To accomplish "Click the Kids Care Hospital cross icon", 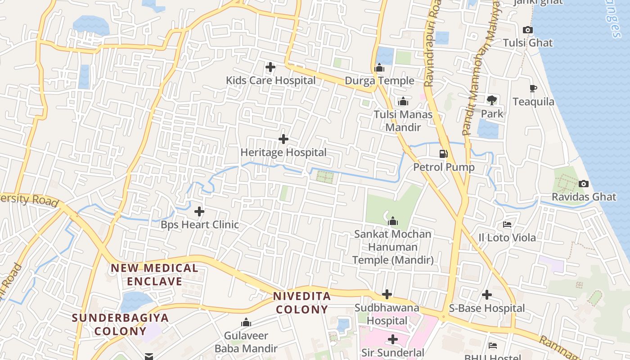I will (x=270, y=67).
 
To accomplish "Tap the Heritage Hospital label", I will (x=283, y=153).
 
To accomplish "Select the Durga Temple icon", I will (x=379, y=68).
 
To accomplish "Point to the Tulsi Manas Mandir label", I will (x=403, y=121).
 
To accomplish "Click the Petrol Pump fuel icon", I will (x=444, y=154).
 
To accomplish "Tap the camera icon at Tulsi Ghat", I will (x=528, y=30).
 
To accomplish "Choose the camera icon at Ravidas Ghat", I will (x=584, y=184).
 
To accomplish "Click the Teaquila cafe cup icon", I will (x=533, y=89).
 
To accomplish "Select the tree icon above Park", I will (x=492, y=100).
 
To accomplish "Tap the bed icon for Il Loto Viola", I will (x=507, y=225).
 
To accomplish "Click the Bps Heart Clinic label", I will (x=200, y=225).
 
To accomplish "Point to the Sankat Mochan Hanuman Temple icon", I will (x=393, y=221).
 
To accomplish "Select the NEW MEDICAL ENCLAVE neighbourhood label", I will (x=154, y=275).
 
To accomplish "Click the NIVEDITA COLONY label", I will (x=302, y=303).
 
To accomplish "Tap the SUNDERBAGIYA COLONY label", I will (x=120, y=324).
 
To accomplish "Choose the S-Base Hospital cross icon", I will (x=487, y=295).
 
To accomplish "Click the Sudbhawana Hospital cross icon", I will (x=387, y=295).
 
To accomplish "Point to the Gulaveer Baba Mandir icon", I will (x=246, y=323).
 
